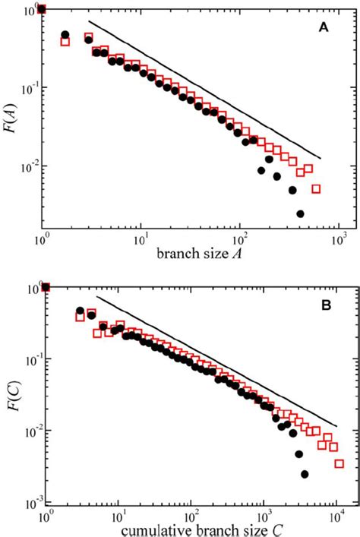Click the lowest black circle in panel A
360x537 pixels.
(300, 214)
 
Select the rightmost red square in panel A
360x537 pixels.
(316, 188)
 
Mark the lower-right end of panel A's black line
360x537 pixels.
(321, 158)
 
